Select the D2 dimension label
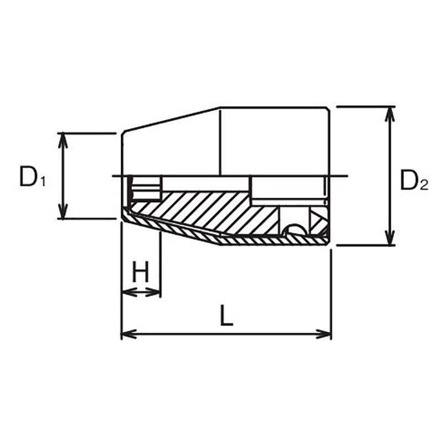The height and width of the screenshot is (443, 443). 414,181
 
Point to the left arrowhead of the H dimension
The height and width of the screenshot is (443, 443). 126,292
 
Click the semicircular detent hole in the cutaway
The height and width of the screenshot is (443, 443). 293,230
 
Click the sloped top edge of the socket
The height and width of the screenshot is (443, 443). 172,119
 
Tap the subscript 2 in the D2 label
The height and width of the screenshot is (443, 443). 424,187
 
